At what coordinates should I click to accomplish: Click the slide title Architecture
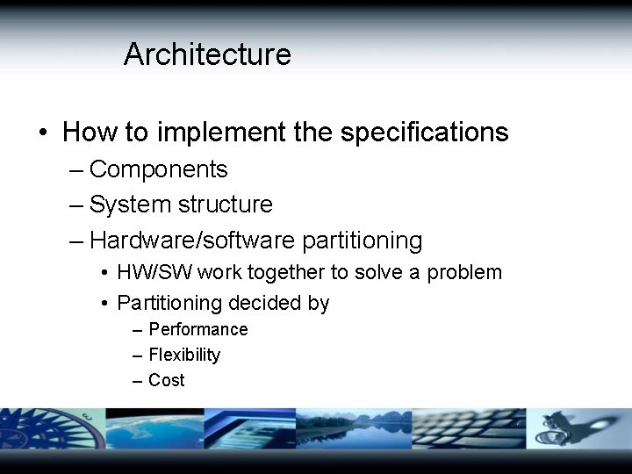pyautogui.click(x=207, y=54)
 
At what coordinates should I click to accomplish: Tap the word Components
pyautogui.click(x=158, y=169)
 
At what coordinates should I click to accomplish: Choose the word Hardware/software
pyautogui.click(x=192, y=241)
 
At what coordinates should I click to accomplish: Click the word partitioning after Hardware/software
pyautogui.click(x=362, y=241)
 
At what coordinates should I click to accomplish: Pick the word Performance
pyautogui.click(x=198, y=329)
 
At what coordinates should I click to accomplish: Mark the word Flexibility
pyautogui.click(x=184, y=355)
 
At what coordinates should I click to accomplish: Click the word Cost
pyautogui.click(x=167, y=380)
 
